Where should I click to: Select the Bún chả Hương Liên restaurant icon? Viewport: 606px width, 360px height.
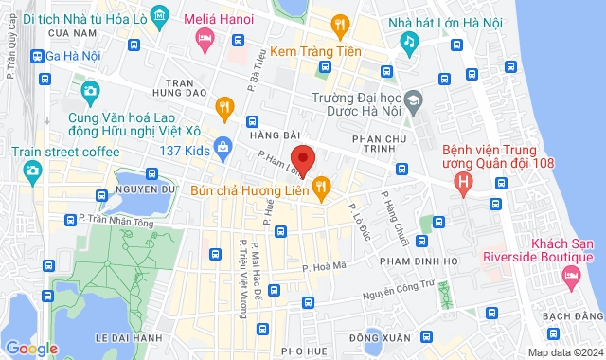click(x=321, y=189)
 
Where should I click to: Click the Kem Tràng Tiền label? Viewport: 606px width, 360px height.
click(x=315, y=52)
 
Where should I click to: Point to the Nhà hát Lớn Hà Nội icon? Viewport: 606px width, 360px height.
click(x=409, y=43)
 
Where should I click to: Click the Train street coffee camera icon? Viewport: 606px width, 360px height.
click(x=33, y=170)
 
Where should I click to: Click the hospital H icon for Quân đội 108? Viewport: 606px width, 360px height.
click(x=463, y=181)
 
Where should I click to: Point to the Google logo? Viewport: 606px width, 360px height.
click(x=32, y=348)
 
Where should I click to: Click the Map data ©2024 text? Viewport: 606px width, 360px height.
click(x=564, y=352)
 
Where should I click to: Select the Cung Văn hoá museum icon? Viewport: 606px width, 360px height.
click(x=91, y=92)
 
